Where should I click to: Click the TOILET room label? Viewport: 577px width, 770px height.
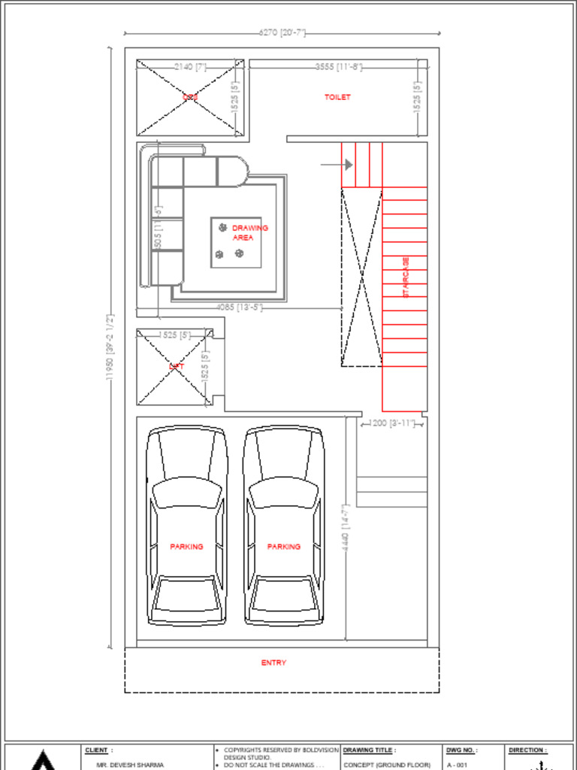tap(337, 97)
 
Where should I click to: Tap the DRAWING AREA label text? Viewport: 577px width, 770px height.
tap(249, 232)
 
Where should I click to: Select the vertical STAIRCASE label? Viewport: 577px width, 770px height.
tap(406, 277)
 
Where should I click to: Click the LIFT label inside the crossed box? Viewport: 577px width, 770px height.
tap(177, 367)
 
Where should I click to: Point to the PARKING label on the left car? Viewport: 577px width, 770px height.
tap(186, 547)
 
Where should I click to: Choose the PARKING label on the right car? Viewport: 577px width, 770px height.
tap(283, 547)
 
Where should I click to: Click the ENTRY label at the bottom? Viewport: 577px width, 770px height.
tap(273, 662)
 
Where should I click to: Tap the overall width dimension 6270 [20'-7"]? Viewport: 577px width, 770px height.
tap(282, 33)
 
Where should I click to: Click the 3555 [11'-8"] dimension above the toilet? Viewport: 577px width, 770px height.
tap(339, 67)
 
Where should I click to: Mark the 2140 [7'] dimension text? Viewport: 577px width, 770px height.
tap(190, 67)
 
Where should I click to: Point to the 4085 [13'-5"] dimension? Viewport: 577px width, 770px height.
tap(239, 307)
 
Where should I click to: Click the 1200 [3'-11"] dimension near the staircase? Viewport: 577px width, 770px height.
tap(392, 423)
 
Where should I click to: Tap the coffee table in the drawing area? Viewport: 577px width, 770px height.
tap(236, 243)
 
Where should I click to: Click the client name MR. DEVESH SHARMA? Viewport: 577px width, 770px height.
tap(130, 765)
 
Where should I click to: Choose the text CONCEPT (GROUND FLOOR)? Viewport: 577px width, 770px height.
tap(387, 765)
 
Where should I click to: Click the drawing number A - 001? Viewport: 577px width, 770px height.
tap(457, 765)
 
